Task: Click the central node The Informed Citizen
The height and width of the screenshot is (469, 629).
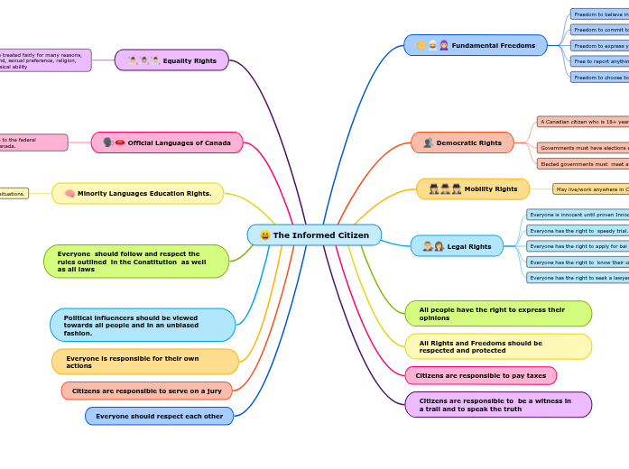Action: pyautogui.click(x=314, y=235)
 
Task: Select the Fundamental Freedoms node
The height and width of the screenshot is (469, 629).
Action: pyautogui.click(x=476, y=45)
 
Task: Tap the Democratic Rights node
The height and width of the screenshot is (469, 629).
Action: pyautogui.click(x=462, y=143)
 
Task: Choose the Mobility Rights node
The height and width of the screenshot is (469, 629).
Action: pyautogui.click(x=473, y=189)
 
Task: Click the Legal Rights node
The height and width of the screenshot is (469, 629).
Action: pyautogui.click(x=457, y=246)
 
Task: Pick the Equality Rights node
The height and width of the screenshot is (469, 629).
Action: pyautogui.click(x=171, y=60)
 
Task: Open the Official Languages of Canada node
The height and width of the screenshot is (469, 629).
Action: pyautogui.click(x=167, y=143)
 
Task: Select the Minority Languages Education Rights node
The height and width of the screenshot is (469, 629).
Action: pyautogui.click(x=137, y=193)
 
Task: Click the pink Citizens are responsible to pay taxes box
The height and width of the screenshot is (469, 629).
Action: pyautogui.click(x=480, y=375)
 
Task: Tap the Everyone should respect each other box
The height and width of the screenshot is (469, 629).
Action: pyautogui.click(x=159, y=416)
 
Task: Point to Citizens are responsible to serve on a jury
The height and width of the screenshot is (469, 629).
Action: pyautogui.click(x=146, y=391)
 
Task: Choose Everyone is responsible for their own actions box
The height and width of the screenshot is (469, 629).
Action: pyautogui.click(x=144, y=362)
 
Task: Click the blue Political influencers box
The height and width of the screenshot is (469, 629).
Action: pyautogui.click(x=143, y=325)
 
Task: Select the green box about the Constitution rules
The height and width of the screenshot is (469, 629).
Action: pyautogui.click(x=135, y=261)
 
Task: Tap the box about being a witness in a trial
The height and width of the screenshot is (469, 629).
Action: pyautogui.click(x=498, y=404)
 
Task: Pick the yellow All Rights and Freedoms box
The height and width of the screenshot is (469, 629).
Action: pyautogui.click(x=498, y=346)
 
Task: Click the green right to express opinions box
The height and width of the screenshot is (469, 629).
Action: pyautogui.click(x=498, y=313)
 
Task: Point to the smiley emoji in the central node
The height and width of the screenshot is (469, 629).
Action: pyautogui.click(x=264, y=235)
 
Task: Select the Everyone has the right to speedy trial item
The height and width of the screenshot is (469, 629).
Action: pyautogui.click(x=578, y=230)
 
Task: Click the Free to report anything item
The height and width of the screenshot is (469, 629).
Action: pyautogui.click(x=599, y=61)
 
